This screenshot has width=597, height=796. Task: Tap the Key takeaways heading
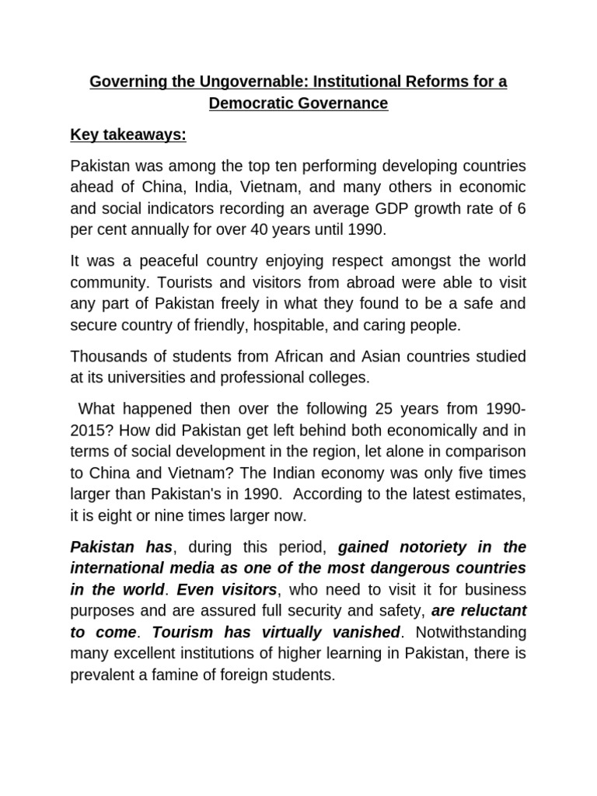click(x=128, y=135)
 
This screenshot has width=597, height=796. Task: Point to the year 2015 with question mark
click(x=90, y=430)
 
